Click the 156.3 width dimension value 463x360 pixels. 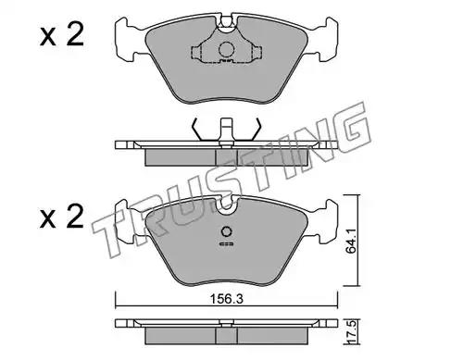227,299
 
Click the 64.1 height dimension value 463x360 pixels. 351,241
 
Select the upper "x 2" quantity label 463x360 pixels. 62,35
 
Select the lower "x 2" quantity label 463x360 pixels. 62,217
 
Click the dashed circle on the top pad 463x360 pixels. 226,49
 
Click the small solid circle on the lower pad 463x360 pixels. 227,231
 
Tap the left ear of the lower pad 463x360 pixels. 125,220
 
